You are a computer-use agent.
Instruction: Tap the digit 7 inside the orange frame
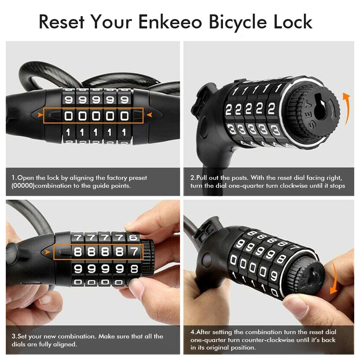coord(134,252)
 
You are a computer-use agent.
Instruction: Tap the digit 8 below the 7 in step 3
coord(134,268)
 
